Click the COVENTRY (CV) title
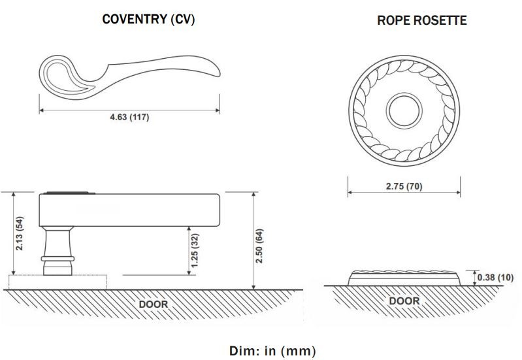[149, 20]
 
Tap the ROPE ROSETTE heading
[422, 21]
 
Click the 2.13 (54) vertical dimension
[20, 233]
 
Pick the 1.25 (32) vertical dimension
[195, 250]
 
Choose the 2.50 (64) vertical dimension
[260, 246]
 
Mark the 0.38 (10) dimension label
[496, 278]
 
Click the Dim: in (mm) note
[272, 351]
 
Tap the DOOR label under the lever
[154, 304]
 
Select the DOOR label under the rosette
[404, 301]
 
